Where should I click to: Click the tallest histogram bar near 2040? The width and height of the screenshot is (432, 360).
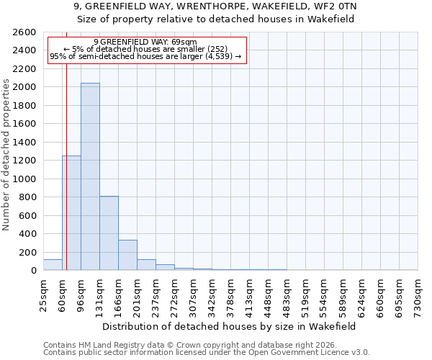click(90, 176)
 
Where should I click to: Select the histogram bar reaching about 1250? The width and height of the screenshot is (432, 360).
click(71, 212)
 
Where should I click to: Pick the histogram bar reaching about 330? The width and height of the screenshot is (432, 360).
click(127, 255)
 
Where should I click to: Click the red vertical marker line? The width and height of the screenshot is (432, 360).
click(66, 144)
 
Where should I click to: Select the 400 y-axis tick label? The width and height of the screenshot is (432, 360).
click(28, 234)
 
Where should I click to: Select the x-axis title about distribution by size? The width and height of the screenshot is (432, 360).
click(230, 326)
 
